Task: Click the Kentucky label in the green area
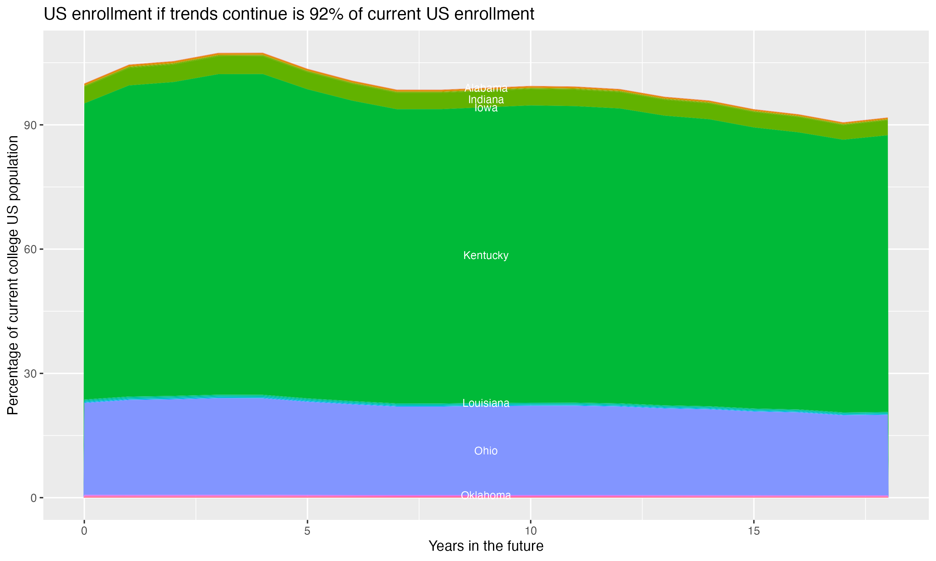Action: (486, 256)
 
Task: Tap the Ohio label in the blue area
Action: (486, 451)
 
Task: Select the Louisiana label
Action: (486, 403)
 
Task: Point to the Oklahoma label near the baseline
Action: (486, 495)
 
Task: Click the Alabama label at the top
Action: (486, 88)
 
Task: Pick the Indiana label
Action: (486, 100)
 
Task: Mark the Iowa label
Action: (486, 108)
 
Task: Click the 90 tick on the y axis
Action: (30, 125)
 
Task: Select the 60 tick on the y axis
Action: (30, 250)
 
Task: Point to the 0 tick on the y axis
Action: (34, 498)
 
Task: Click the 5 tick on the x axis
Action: (307, 531)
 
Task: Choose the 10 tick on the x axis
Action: (530, 531)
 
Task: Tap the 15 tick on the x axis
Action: (754, 531)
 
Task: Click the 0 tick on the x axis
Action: (84, 531)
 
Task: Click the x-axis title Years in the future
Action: (486, 546)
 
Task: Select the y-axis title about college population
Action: (13, 275)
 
